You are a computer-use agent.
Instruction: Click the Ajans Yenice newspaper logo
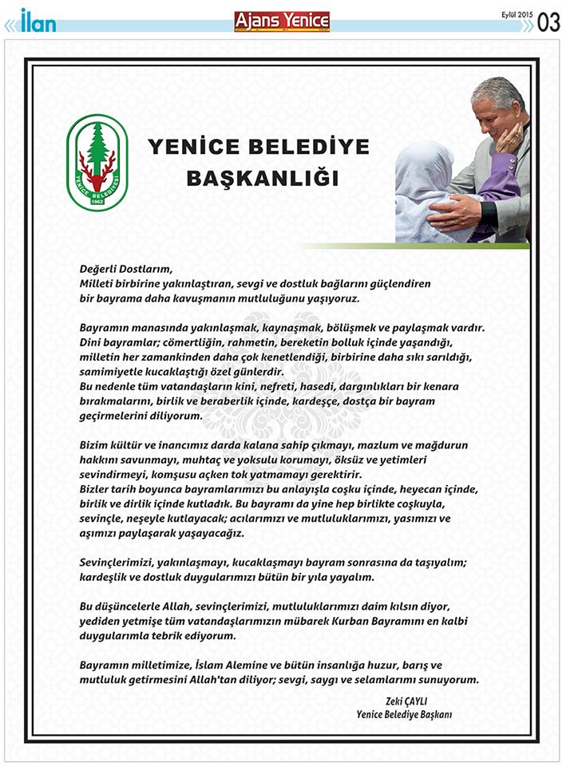[282, 22]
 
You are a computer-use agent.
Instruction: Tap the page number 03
[548, 22]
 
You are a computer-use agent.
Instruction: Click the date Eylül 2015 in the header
[516, 14]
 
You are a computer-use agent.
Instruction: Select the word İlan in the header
[38, 21]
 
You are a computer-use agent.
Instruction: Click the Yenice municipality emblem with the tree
[97, 162]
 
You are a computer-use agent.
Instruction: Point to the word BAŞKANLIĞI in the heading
[262, 178]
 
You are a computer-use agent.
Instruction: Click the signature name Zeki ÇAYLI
[428, 700]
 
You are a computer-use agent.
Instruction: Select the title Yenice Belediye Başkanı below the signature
[404, 714]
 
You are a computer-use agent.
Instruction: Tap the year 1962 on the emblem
[97, 199]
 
